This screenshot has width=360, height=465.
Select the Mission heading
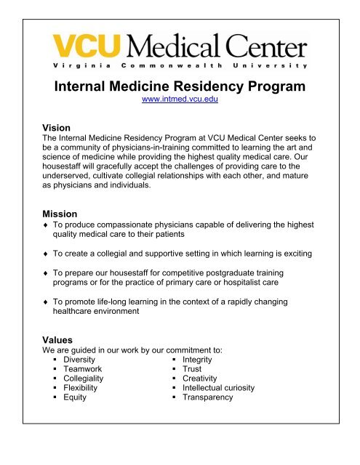(x=64, y=215)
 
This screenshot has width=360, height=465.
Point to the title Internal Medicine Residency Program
(x=180, y=87)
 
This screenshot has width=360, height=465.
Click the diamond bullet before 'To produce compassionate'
(x=47, y=227)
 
